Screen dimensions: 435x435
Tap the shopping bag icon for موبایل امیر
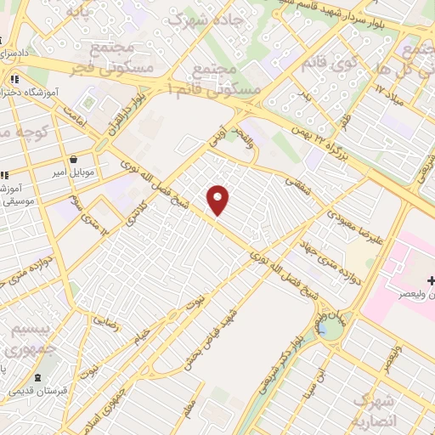[74, 159]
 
